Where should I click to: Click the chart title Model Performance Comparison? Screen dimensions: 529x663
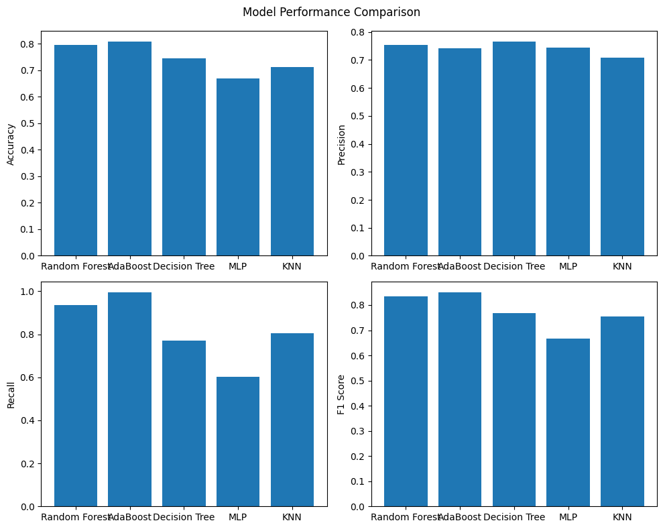331,12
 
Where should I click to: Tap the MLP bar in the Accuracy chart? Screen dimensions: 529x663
238,167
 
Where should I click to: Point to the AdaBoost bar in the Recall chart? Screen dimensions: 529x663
129,400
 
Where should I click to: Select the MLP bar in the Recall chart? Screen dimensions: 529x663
238,442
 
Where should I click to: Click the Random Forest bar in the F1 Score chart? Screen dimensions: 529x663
406,402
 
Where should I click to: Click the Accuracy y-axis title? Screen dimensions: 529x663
11,143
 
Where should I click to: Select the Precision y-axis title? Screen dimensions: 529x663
341,143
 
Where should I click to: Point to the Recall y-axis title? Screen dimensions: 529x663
11,394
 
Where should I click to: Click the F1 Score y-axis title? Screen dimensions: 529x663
341,394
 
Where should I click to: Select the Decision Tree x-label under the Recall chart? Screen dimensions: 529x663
184,517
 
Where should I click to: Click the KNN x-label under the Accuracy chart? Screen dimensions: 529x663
292,266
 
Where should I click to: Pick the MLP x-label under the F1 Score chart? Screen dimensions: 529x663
568,517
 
